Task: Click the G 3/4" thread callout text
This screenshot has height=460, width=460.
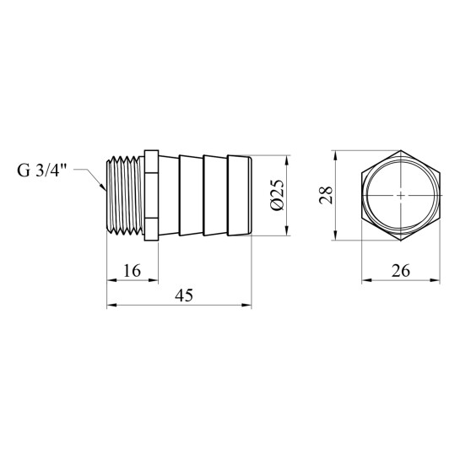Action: [x=42, y=170]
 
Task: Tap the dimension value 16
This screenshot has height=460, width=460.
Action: [x=132, y=270]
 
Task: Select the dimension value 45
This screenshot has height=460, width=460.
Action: [x=184, y=295]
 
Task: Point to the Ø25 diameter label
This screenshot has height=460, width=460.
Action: [x=277, y=195]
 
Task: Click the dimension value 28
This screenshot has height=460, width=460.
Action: [x=327, y=195]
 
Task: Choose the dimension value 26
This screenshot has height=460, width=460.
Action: [x=400, y=270]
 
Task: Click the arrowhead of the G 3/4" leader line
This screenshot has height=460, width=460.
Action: [x=103, y=187]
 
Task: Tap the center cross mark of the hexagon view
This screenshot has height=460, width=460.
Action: [x=401, y=195]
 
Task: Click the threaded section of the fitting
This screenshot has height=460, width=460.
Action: [x=125, y=195]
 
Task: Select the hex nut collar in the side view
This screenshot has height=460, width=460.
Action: [x=151, y=195]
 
